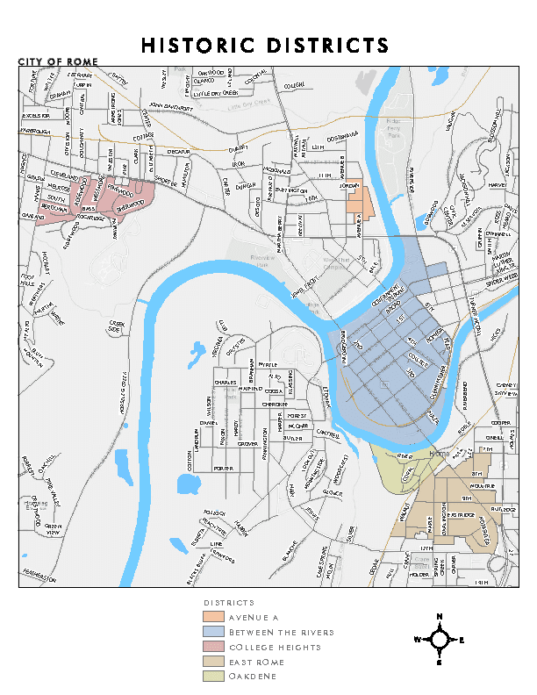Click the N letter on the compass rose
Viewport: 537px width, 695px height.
(439, 616)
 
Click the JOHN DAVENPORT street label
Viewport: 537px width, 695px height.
(170, 106)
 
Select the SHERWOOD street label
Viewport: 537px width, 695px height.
(128, 203)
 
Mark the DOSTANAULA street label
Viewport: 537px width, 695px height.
(342, 134)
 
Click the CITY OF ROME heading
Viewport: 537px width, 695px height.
(58, 61)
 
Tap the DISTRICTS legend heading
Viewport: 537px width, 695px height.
(229, 604)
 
